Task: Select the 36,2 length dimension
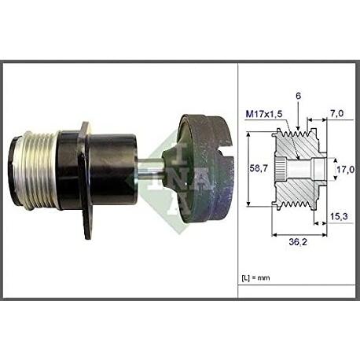click(299, 242)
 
